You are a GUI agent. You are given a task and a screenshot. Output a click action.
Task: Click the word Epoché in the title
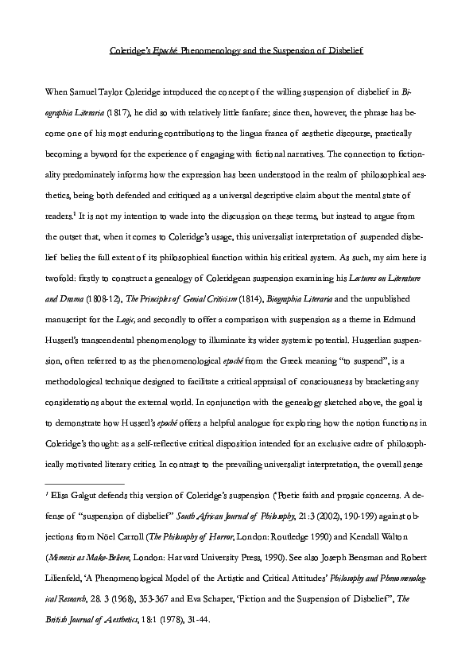[164, 51]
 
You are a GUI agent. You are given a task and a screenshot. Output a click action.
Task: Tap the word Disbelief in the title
[343, 51]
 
